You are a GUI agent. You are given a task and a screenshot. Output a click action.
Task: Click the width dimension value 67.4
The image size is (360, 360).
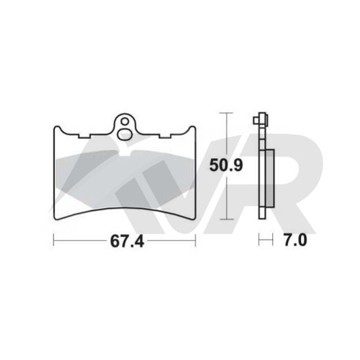(127, 241)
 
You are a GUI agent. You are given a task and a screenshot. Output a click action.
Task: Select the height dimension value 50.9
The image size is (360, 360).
(226, 165)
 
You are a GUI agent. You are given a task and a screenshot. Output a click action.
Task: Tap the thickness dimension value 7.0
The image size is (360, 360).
(295, 240)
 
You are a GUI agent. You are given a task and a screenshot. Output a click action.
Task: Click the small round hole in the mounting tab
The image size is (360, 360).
(125, 122)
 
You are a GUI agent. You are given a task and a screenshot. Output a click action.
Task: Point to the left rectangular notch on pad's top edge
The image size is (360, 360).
(84, 136)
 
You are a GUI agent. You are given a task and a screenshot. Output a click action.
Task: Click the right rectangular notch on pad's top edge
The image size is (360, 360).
(165, 136)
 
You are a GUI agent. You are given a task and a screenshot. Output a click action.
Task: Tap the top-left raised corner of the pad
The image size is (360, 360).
(56, 127)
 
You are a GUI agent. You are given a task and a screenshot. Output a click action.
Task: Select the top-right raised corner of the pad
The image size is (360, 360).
(193, 127)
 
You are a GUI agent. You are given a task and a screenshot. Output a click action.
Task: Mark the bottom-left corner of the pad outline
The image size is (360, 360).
(54, 218)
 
